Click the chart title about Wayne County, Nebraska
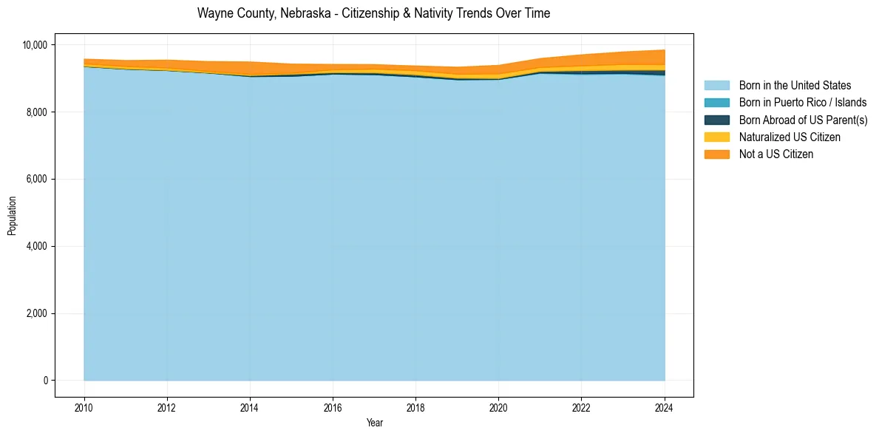tap(373, 13)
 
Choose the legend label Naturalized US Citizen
tap(790, 137)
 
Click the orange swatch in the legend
tap(716, 154)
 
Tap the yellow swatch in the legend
tap(716, 137)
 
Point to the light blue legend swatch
tap(716, 86)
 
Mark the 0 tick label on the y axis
tap(45, 381)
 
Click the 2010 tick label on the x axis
tap(84, 406)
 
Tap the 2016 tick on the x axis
tap(333, 406)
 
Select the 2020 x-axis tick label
tap(498, 406)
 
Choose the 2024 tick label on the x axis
tap(665, 406)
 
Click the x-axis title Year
tap(375, 423)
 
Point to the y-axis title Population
tap(12, 216)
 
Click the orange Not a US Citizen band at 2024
tap(662, 57)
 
